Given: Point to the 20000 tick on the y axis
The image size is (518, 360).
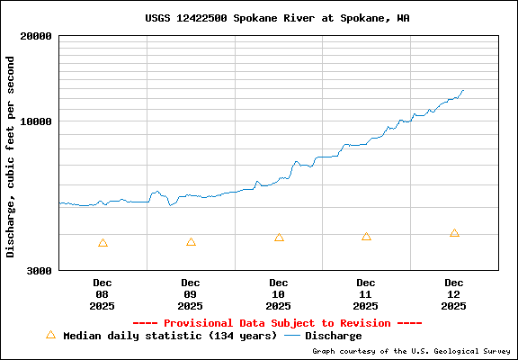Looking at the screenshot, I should point(39,36).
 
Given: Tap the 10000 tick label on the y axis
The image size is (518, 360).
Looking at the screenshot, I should point(39,121).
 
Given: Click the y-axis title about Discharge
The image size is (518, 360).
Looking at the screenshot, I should point(11,157).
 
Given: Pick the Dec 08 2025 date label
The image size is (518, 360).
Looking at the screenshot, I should point(102,294).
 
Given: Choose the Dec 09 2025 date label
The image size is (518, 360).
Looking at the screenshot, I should point(190,294).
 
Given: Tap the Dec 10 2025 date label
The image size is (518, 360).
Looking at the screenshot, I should point(278,294).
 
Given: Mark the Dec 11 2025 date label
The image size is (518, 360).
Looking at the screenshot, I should point(366,294).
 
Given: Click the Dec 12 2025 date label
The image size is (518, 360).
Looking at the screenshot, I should point(454,294).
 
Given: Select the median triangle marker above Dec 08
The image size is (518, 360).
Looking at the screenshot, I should point(103,243).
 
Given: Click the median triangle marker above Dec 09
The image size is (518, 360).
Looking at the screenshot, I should point(191,242).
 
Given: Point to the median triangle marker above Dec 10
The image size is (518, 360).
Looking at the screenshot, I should point(279,238).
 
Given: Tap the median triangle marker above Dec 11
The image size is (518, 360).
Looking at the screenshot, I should point(366,237).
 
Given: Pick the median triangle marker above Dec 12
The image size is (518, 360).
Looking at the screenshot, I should point(454,233).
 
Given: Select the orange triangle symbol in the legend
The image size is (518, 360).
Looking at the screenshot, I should point(50,335).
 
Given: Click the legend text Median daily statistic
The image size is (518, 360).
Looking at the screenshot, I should point(170,336).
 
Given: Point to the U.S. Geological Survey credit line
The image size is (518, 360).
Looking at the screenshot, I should point(411,352).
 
